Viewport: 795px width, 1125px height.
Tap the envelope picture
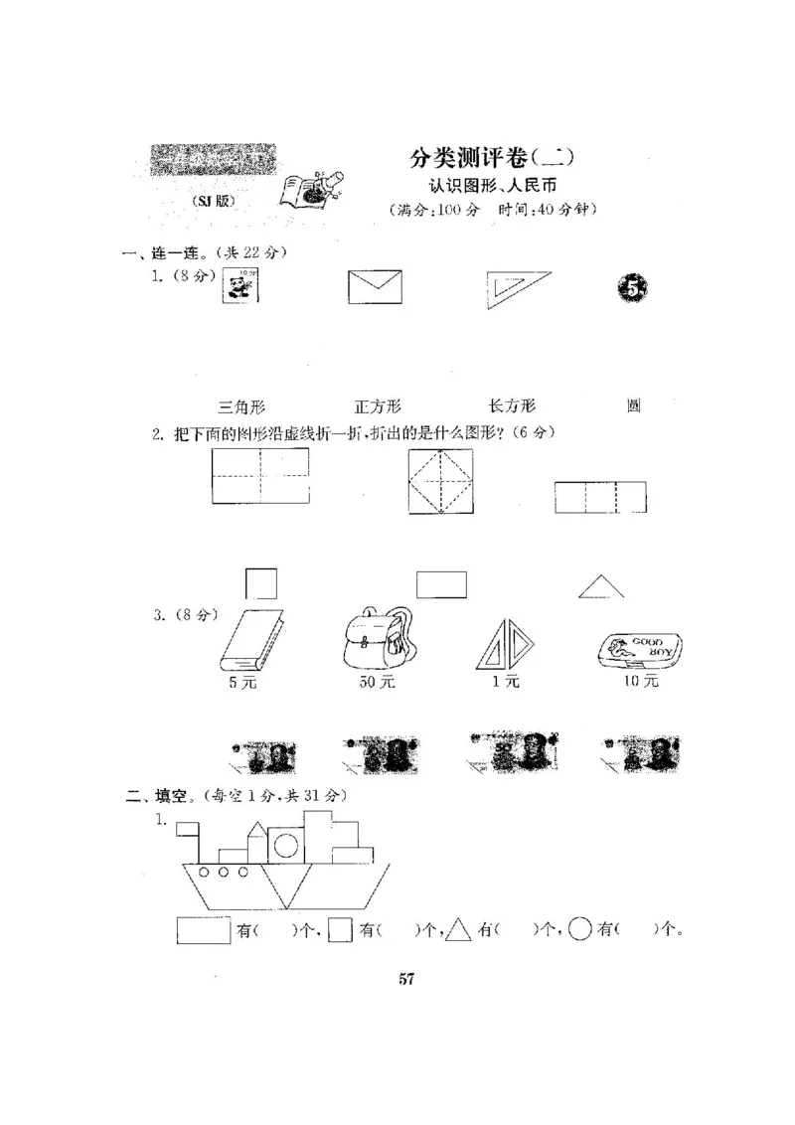pos(375,287)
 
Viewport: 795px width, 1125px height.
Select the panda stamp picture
pos(239,287)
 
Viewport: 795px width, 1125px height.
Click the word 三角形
pos(240,405)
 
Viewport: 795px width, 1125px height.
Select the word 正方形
pos(378,405)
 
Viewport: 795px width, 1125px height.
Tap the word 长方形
pos(512,405)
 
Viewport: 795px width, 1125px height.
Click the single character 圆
pos(633,405)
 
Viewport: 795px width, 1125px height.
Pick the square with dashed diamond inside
pos(440,481)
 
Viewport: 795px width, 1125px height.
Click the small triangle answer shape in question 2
pos(601,587)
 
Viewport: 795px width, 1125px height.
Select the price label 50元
pos(378,682)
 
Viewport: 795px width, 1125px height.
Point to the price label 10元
pos(641,682)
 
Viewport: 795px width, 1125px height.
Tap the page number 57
pos(405,979)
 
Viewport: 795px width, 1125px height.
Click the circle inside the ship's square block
pos(284,846)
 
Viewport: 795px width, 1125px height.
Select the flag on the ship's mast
pos(187,827)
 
